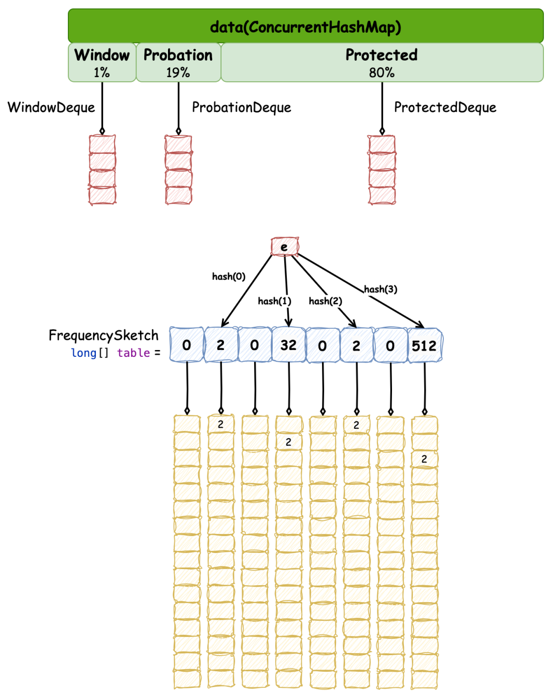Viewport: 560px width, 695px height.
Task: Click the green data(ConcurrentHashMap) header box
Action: [305, 26]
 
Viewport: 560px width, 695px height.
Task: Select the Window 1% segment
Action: [102, 62]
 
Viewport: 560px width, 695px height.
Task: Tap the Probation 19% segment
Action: [178, 62]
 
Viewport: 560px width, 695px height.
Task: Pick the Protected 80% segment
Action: [382, 62]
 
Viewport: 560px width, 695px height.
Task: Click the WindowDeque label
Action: [51, 108]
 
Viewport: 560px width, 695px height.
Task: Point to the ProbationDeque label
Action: [242, 108]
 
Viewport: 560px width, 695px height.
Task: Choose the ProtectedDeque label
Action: [445, 108]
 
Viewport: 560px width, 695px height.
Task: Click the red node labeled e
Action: [285, 247]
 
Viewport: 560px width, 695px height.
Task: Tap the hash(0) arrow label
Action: [229, 277]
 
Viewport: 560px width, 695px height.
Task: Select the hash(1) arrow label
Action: [274, 301]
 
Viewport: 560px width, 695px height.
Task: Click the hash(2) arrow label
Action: [325, 301]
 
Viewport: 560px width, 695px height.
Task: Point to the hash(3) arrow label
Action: [381, 289]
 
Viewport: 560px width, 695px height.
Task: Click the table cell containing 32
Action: [288, 345]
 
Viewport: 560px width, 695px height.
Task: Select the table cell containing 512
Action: [424, 345]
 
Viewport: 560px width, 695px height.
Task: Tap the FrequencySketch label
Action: [103, 336]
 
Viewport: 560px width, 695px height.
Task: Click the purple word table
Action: [133, 353]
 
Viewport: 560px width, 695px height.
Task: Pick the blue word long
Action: [84, 353]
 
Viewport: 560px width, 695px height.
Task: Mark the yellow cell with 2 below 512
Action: [424, 459]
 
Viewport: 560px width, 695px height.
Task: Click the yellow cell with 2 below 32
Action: [288, 442]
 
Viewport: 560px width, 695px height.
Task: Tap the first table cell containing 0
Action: [187, 345]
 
